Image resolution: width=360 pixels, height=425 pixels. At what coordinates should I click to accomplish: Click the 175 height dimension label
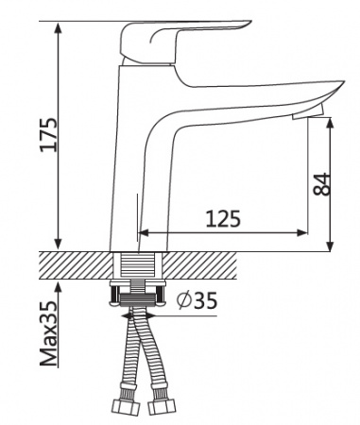click(x=49, y=134)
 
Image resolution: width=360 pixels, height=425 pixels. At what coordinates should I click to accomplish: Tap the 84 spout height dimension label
click(x=322, y=184)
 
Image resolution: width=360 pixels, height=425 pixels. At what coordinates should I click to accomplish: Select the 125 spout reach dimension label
click(x=223, y=218)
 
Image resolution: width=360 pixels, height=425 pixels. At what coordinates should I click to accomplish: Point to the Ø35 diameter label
click(x=197, y=300)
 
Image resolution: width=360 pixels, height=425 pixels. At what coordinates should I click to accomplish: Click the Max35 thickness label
click(x=49, y=333)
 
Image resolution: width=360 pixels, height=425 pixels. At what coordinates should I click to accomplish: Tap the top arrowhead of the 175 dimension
click(x=58, y=27)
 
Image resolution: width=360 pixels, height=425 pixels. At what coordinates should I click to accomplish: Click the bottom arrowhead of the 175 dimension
click(x=58, y=245)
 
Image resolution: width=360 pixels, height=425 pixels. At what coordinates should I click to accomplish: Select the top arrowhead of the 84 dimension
click(x=330, y=124)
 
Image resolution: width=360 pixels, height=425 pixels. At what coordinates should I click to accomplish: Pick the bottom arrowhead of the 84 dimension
click(x=330, y=246)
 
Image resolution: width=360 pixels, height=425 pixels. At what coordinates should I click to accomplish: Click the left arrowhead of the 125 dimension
click(x=144, y=233)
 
